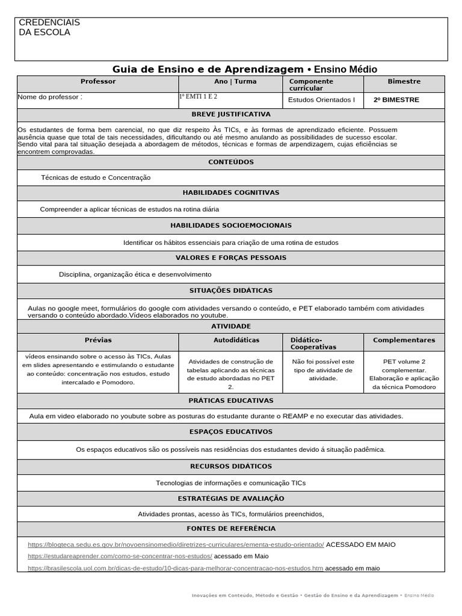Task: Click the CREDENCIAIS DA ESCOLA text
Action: click(49, 27)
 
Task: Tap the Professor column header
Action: click(98, 81)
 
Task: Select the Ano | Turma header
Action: click(235, 81)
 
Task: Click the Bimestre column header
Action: click(404, 81)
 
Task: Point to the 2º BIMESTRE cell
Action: click(396, 100)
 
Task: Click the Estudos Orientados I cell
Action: click(322, 100)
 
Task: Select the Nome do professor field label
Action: click(50, 96)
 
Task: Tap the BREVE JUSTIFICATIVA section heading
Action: click(231, 114)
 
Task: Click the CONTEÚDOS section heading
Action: click(231, 162)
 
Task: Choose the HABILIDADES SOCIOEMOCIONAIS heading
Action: click(231, 226)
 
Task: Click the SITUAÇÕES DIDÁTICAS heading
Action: click(231, 291)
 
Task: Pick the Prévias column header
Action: click(98, 340)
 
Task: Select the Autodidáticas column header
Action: click(236, 340)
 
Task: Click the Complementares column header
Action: click(404, 340)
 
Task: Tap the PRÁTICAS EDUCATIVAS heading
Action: click(231, 401)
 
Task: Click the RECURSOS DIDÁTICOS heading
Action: click(231, 466)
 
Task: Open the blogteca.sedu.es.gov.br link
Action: click(176, 544)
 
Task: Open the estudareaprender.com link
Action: click(120, 556)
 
